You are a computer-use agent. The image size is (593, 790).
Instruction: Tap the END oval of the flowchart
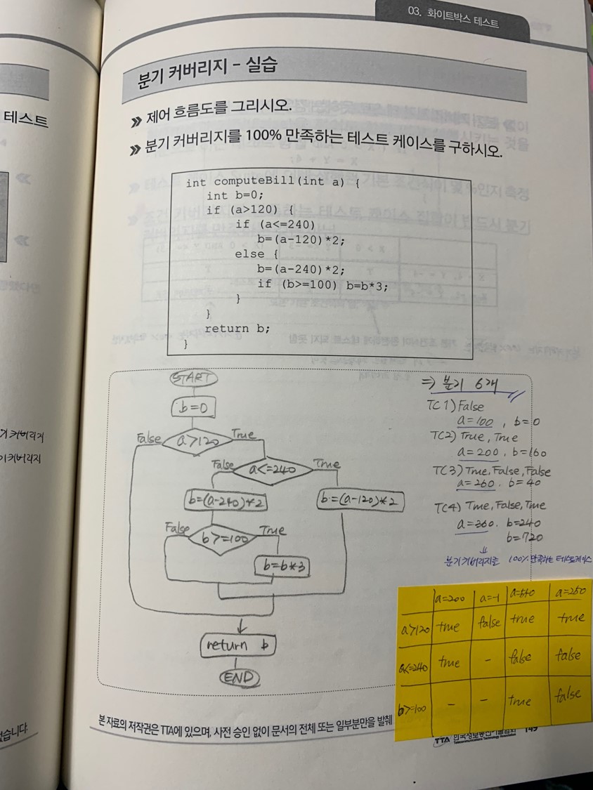click(238, 677)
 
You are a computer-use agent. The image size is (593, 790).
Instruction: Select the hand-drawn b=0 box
click(193, 408)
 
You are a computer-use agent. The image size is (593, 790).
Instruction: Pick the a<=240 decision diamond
click(273, 469)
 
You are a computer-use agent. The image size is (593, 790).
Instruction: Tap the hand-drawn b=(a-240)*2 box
click(226, 502)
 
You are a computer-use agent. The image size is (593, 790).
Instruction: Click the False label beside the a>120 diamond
click(148, 438)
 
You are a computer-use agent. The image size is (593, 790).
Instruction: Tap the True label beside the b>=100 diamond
click(272, 530)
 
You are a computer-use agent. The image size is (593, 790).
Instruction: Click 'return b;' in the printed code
click(237, 329)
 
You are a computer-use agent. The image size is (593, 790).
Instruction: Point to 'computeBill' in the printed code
click(250, 183)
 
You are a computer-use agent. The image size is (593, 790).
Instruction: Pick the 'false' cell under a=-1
click(489, 621)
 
